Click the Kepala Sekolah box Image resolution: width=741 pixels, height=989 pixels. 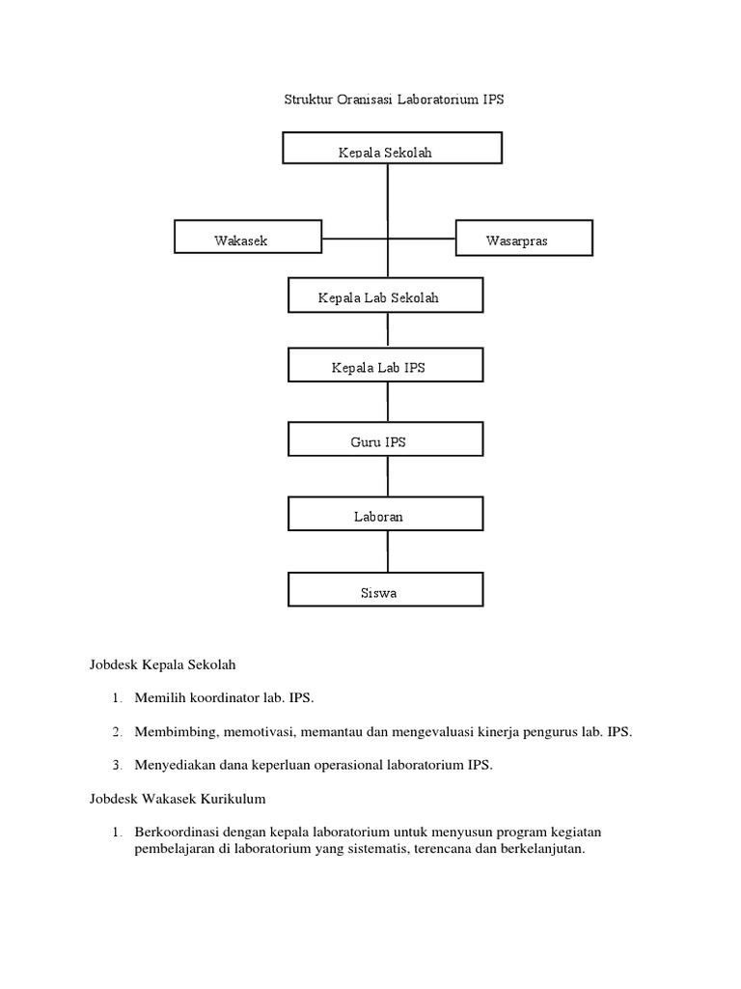[x=391, y=150]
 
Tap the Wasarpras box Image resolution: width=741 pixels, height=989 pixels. [x=523, y=239]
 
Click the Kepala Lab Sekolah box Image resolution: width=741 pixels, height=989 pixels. [x=385, y=296]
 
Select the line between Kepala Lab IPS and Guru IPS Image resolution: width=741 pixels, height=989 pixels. [x=388, y=402]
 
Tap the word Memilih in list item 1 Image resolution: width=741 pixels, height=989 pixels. [x=159, y=697]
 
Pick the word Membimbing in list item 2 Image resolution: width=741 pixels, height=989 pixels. [x=173, y=731]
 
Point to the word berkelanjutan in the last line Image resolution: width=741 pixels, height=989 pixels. [x=538, y=849]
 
